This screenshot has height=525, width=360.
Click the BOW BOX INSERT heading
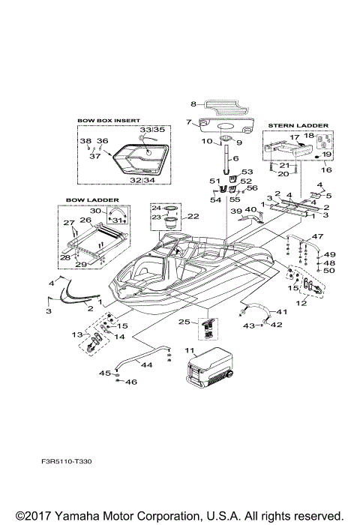tap(108, 120)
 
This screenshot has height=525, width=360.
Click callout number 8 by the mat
tap(193, 103)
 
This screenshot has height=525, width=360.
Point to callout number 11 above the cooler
tap(190, 351)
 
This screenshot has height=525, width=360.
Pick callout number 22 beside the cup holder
tap(193, 216)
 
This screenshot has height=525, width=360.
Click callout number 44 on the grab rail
tap(148, 364)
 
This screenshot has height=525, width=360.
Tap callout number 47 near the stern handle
tap(318, 236)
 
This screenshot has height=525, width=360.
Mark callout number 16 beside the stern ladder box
tap(326, 170)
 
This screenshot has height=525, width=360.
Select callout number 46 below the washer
tap(133, 382)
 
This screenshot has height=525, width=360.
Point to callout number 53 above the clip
tap(247, 172)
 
